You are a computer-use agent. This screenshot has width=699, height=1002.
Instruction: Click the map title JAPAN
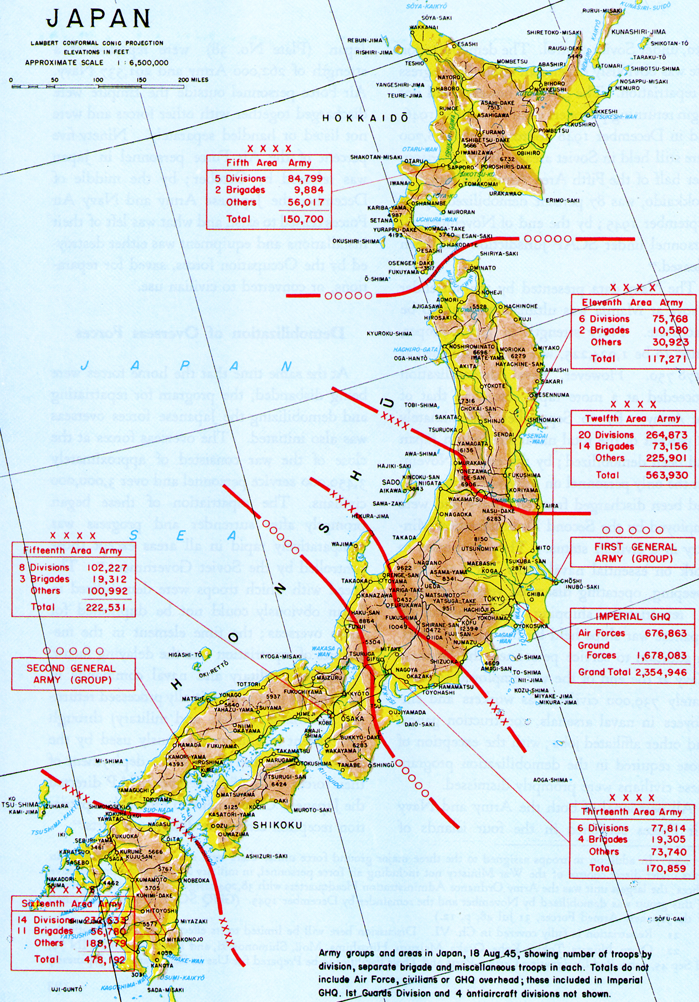pos(98,19)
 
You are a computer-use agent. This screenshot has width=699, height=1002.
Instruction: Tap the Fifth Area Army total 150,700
pos(303,219)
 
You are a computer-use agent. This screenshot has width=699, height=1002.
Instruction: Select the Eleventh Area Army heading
pos(632,303)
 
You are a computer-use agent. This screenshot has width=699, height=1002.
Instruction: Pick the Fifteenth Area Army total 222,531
pos(106,607)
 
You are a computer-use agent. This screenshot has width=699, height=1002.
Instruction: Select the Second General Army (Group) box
pos(74,674)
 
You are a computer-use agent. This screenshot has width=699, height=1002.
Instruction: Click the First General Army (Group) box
pos(633,553)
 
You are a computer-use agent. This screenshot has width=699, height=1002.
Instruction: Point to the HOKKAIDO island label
pos(365,118)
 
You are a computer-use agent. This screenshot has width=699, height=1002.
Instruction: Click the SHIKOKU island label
pos(277,825)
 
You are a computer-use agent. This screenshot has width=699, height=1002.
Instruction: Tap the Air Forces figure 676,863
pos(665,633)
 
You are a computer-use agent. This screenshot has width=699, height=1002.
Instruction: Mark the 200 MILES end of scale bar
pos(193,80)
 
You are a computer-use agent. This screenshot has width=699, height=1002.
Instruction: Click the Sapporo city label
pos(460,167)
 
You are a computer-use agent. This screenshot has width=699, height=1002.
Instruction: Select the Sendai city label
pos(504,434)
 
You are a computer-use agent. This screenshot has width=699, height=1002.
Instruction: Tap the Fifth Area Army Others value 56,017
pos(306,203)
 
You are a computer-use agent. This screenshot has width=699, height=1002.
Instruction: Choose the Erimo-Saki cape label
pos(562,201)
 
